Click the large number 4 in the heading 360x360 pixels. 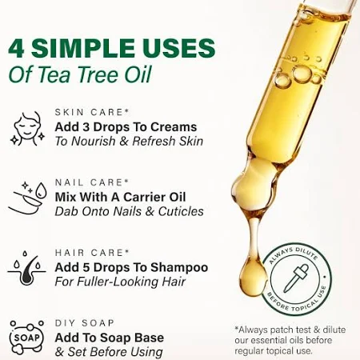(16, 48)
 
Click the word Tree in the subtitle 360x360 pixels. (99, 74)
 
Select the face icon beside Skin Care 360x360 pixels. (27, 129)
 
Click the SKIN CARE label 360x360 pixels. (92, 112)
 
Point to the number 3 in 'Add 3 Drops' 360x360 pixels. (86, 127)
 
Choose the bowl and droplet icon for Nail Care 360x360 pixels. (27, 198)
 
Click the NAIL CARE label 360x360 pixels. (92, 182)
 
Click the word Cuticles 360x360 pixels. (181, 211)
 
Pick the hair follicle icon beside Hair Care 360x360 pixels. (26, 268)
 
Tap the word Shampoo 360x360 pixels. (179, 268)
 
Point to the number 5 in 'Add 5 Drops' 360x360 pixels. (86, 268)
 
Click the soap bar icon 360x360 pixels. (26, 338)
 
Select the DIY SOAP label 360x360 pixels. (85, 323)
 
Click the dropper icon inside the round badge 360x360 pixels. (296, 278)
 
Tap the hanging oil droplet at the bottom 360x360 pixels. (253, 278)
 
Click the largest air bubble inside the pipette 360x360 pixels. (302, 74)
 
